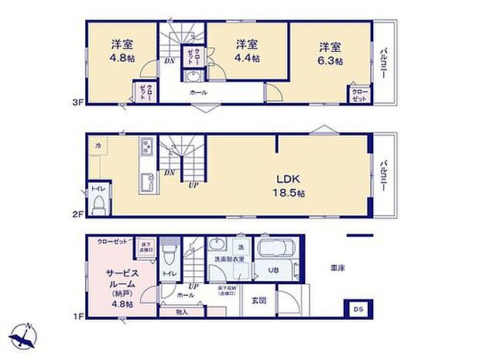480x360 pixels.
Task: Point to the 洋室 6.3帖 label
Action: [329, 50]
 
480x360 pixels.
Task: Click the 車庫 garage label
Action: [338, 268]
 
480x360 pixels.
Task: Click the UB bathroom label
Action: [273, 271]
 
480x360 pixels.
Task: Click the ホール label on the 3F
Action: [198, 92]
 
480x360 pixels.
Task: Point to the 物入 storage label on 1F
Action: [182, 312]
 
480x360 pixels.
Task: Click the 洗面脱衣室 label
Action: [229, 258]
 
